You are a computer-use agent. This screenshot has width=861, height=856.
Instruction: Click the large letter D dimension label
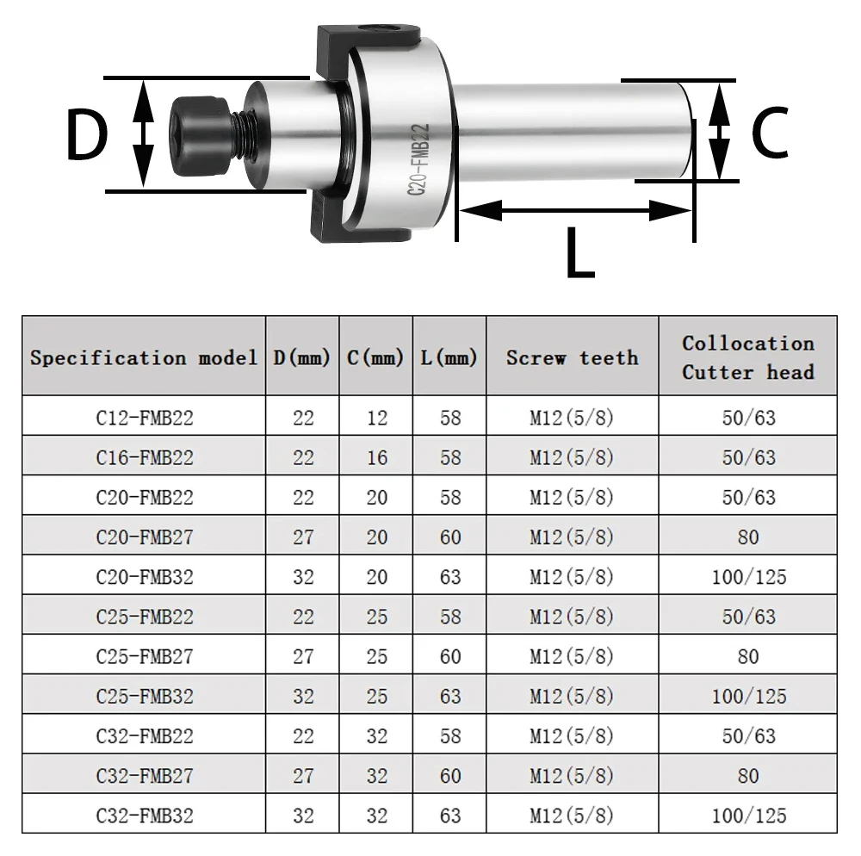click(x=86, y=134)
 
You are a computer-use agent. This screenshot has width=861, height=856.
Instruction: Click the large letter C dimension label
click(x=769, y=133)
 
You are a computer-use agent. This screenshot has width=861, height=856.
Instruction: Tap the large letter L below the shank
click(x=579, y=251)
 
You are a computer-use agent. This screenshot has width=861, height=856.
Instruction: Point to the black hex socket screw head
click(x=199, y=136)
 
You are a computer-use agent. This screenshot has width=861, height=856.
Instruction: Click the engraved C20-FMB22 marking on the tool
click(x=418, y=160)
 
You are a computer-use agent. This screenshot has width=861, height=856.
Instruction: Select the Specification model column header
click(x=144, y=358)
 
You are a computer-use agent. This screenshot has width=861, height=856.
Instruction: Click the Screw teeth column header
click(x=573, y=358)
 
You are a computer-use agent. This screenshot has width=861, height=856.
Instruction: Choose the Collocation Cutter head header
click(x=748, y=358)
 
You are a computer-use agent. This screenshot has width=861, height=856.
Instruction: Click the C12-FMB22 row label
click(x=145, y=418)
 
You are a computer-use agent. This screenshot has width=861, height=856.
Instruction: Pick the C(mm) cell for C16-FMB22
click(x=377, y=458)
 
